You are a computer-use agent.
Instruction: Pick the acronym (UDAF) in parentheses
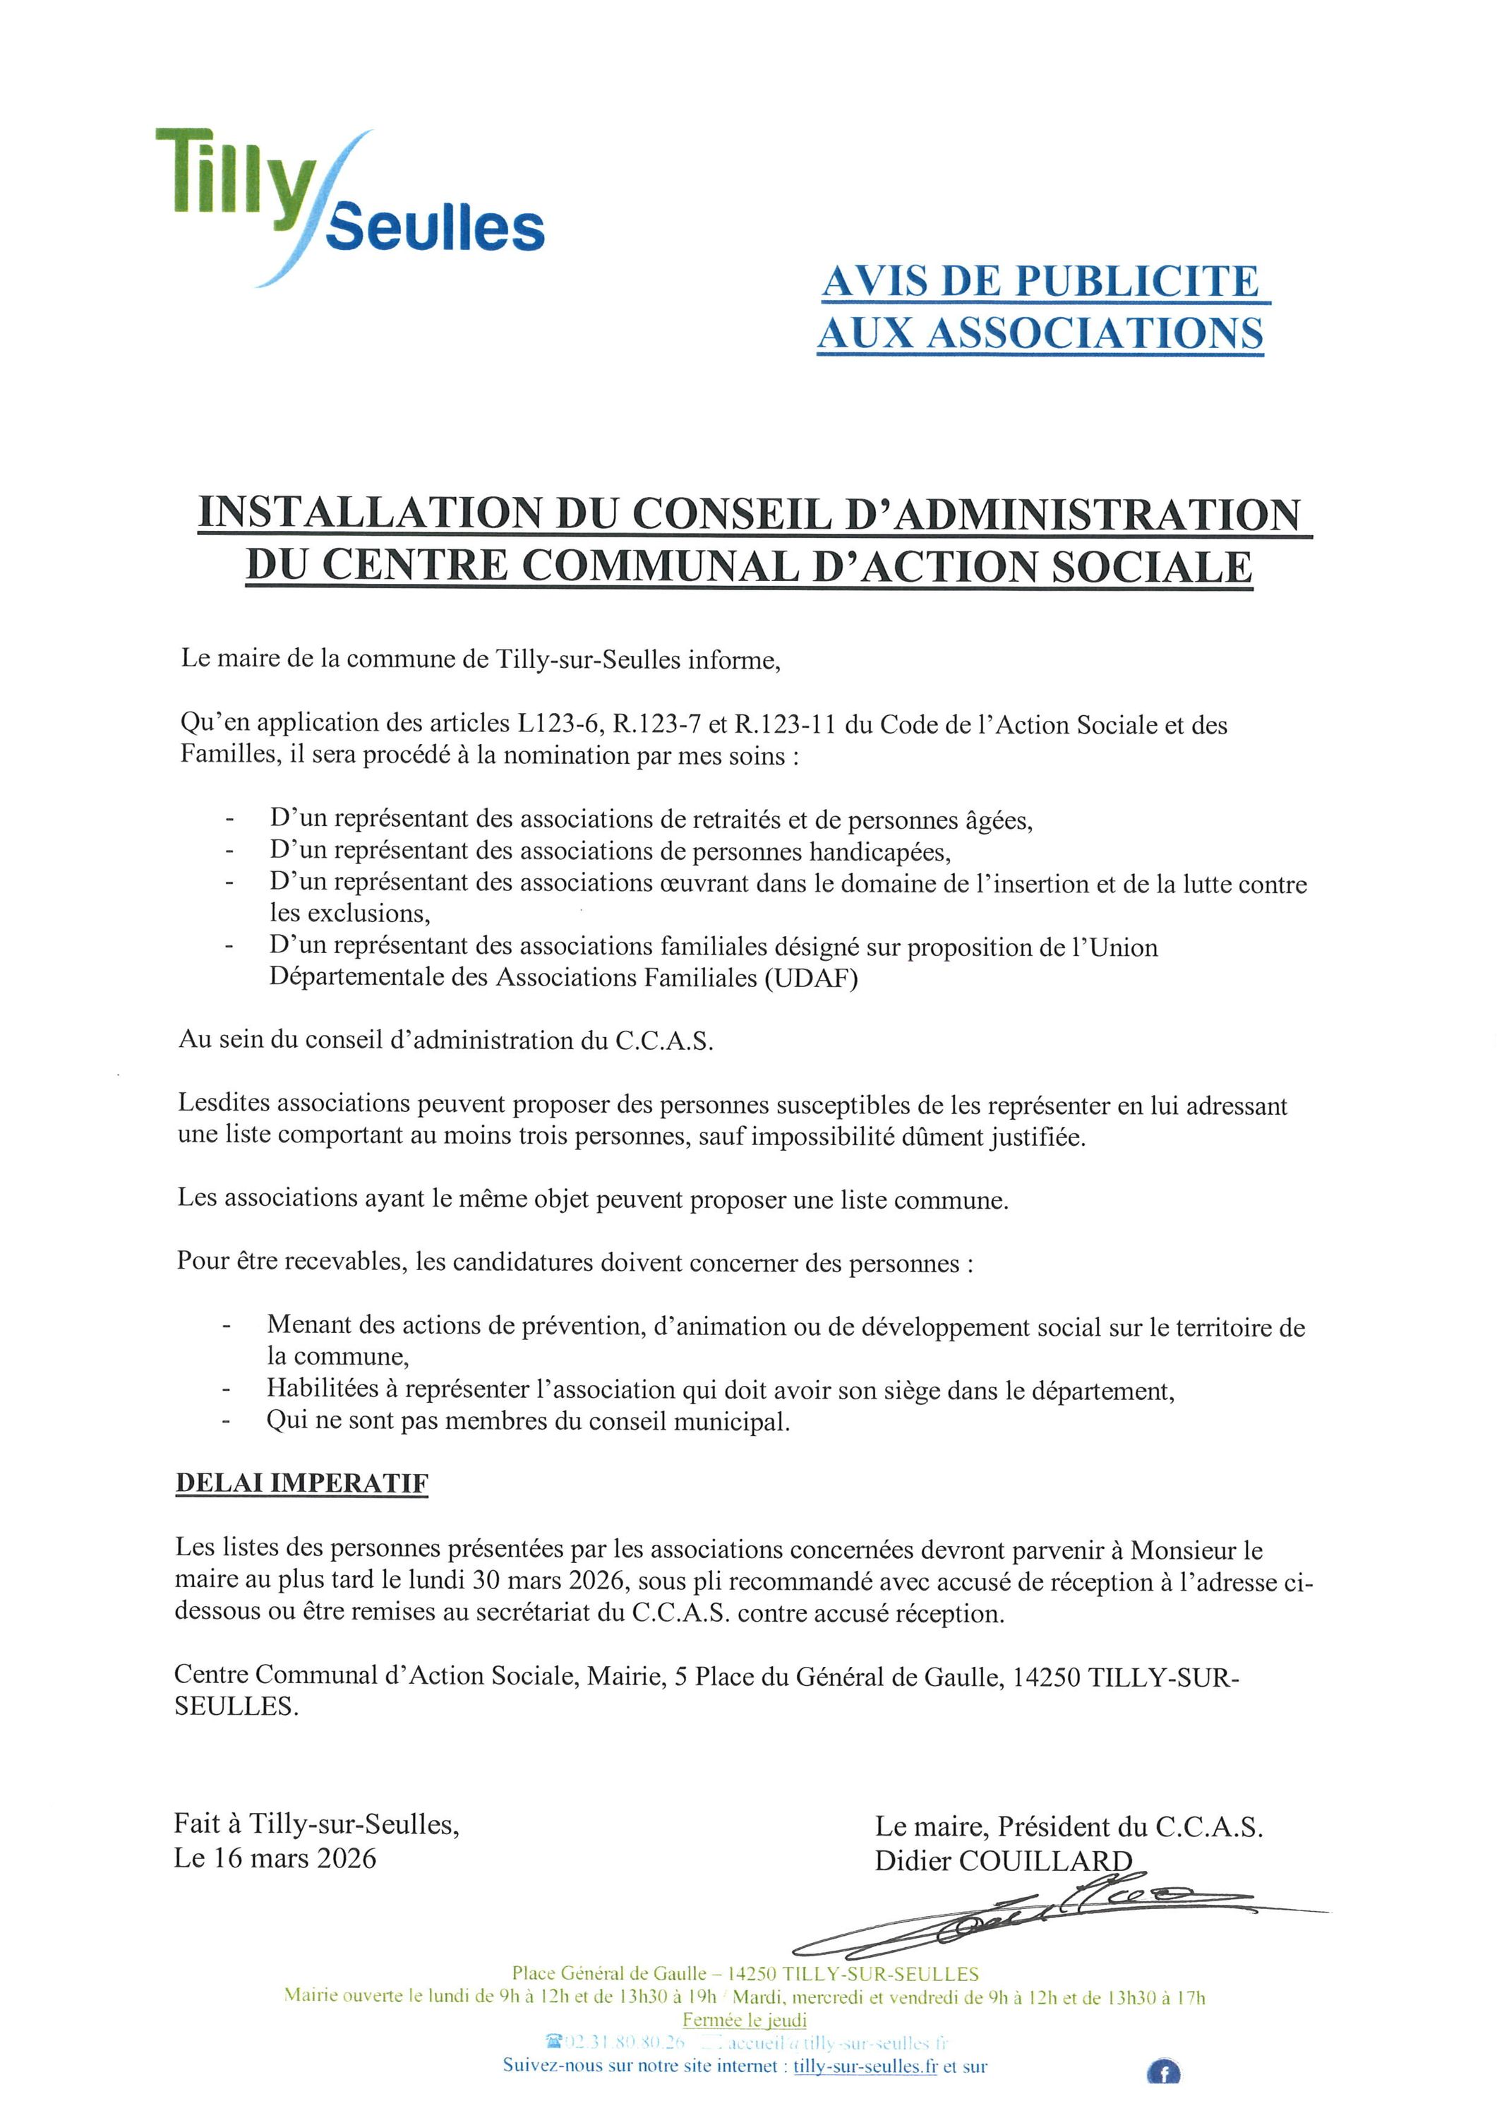click(x=811, y=978)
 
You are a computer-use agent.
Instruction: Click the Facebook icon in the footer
click(x=1163, y=2073)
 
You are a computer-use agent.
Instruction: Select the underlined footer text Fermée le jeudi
click(x=745, y=2019)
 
